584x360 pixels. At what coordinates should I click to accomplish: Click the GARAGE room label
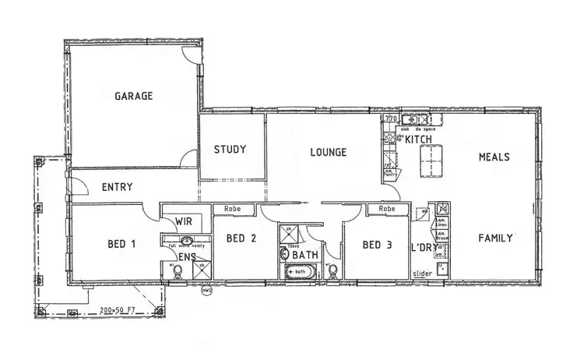(x=134, y=97)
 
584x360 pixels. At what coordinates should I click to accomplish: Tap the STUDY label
(x=230, y=150)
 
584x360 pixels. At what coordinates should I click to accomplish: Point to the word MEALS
(x=494, y=157)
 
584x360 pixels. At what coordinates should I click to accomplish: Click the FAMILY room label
(x=495, y=238)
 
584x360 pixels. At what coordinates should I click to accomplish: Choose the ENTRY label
(x=117, y=187)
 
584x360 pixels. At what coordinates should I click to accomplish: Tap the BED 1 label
(x=121, y=244)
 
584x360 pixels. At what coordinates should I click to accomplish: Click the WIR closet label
(x=183, y=221)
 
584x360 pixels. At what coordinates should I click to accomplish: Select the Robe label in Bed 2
(x=232, y=209)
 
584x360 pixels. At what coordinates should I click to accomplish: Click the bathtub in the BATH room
(x=298, y=273)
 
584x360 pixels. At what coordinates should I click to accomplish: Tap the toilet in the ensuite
(x=178, y=270)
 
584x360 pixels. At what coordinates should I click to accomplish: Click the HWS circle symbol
(x=206, y=291)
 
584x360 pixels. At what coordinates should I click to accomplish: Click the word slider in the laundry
(x=422, y=274)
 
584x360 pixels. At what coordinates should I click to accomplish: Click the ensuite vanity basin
(x=187, y=242)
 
